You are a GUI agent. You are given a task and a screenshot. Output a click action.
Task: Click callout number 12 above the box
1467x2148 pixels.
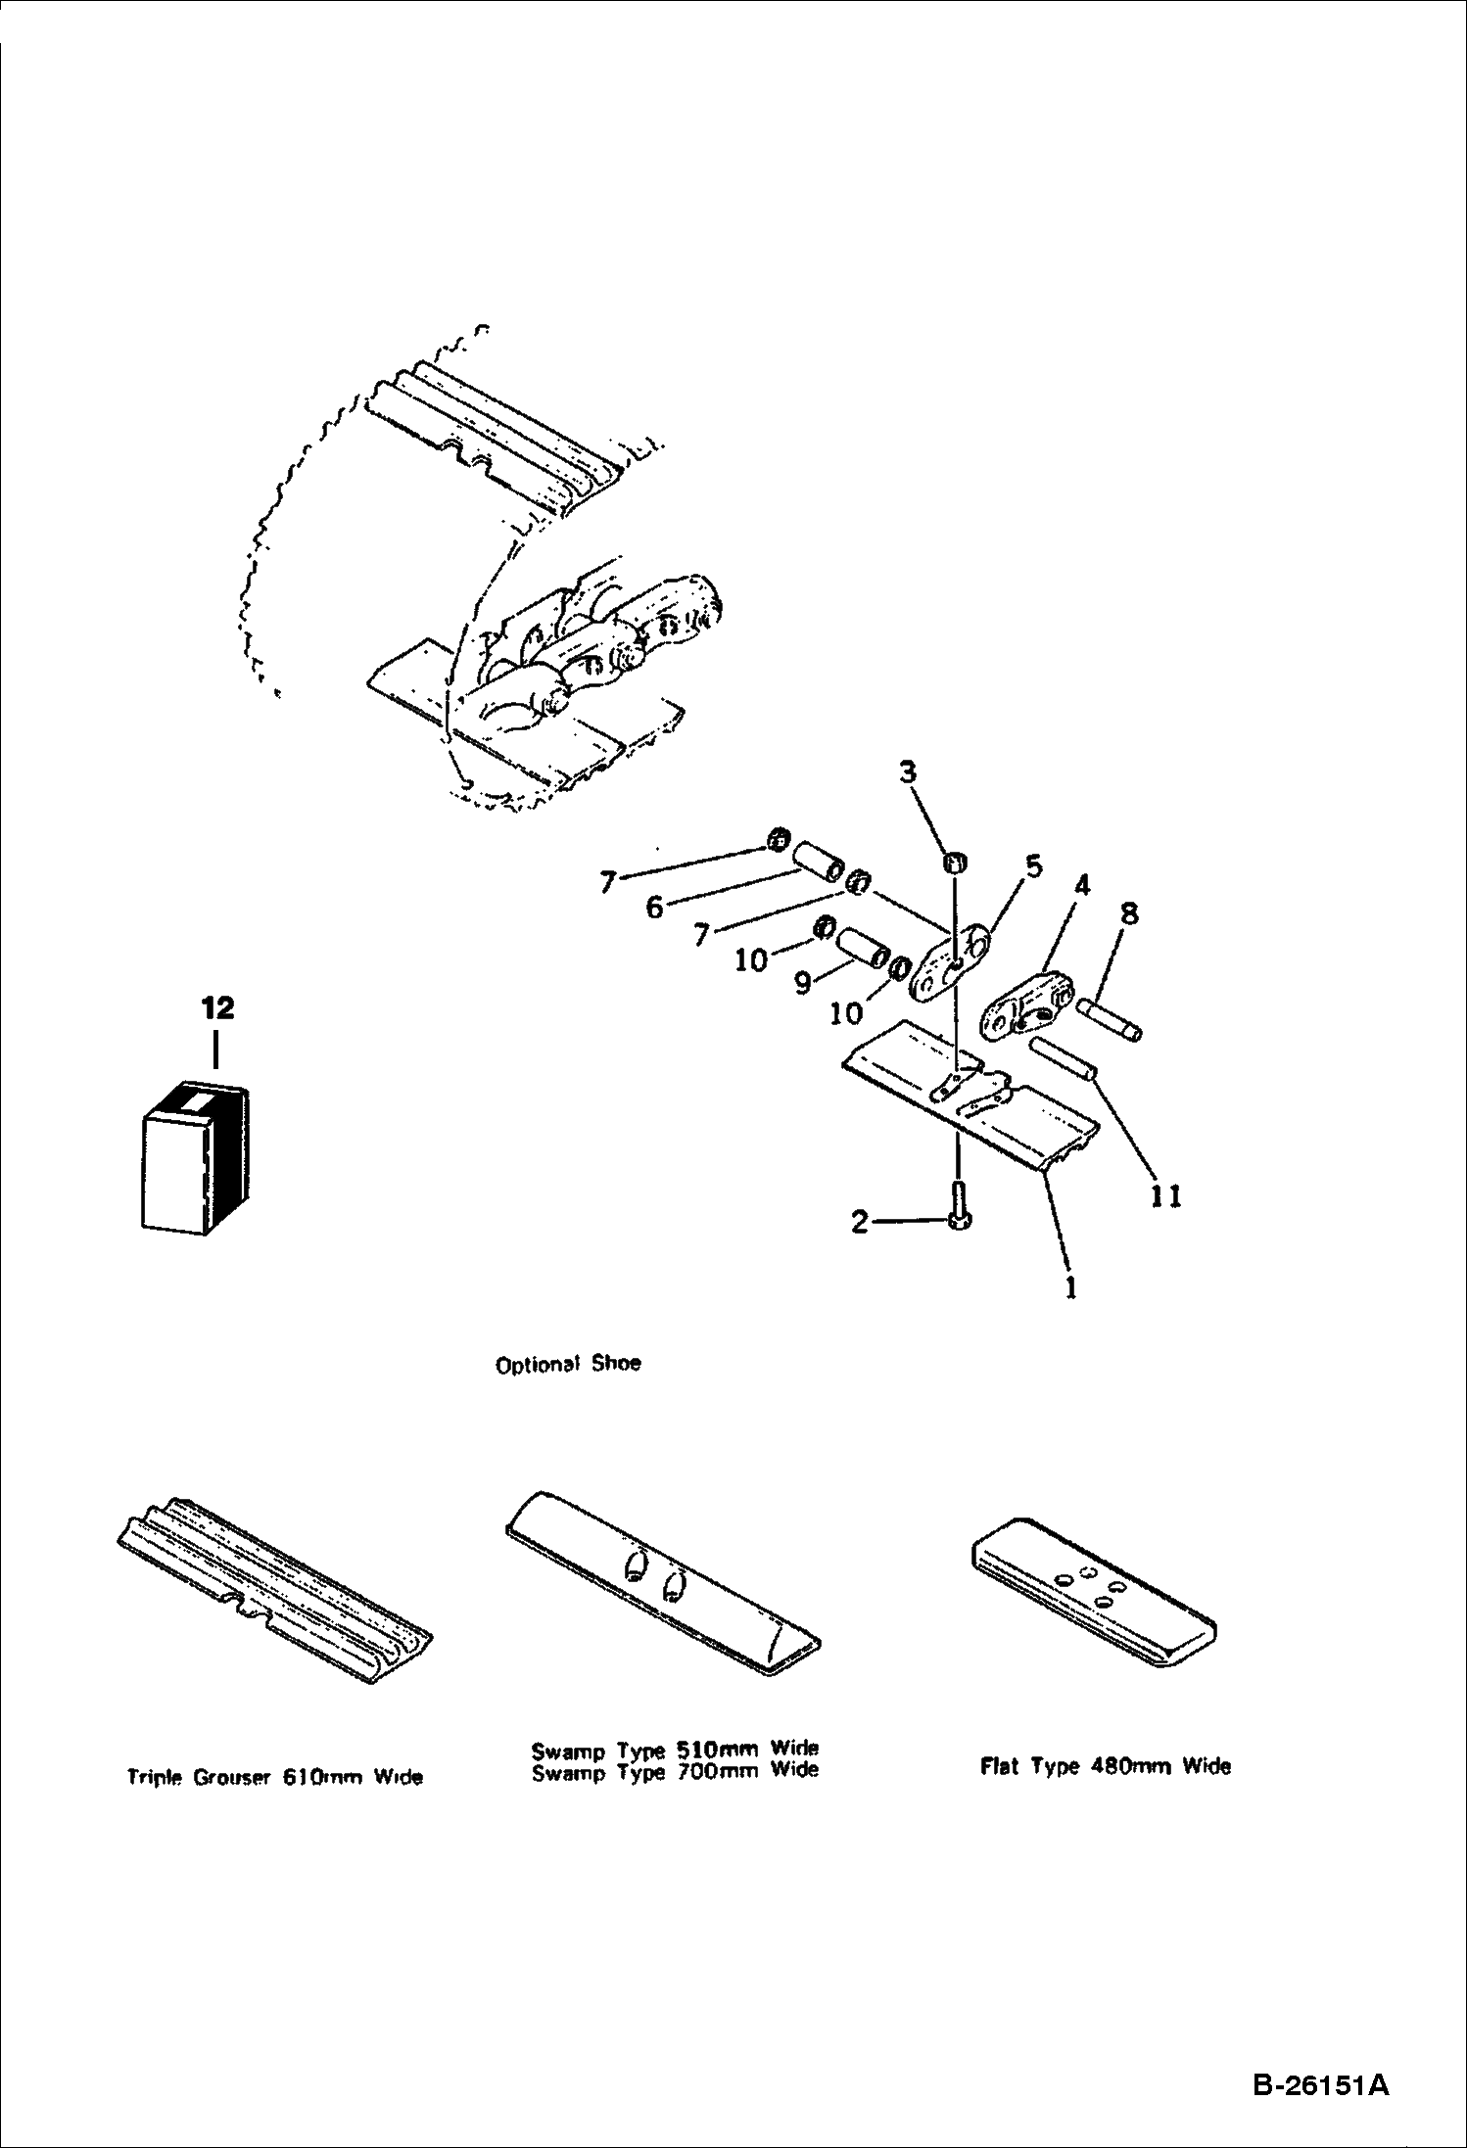click(x=218, y=1007)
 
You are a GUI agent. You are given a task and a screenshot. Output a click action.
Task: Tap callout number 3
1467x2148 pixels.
click(x=908, y=772)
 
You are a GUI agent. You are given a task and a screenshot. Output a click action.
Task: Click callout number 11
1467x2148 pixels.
click(x=1166, y=1195)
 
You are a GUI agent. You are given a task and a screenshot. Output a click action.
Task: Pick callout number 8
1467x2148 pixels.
click(x=1128, y=914)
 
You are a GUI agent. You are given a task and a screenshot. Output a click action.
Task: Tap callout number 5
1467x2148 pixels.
click(x=1032, y=866)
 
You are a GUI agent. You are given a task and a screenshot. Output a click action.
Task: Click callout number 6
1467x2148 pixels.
click(x=654, y=908)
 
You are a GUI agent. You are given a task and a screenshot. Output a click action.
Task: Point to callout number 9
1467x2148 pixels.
click(x=802, y=982)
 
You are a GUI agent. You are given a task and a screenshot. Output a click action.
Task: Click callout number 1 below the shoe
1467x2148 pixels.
click(x=1070, y=1286)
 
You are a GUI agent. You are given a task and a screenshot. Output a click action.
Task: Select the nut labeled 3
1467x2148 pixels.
click(x=955, y=864)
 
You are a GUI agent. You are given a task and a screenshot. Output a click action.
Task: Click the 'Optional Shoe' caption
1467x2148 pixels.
click(x=568, y=1364)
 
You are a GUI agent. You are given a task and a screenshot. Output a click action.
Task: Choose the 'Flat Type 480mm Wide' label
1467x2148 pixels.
click(x=1105, y=1766)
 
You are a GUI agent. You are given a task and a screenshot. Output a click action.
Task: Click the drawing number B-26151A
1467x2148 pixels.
click(x=1320, y=2084)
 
